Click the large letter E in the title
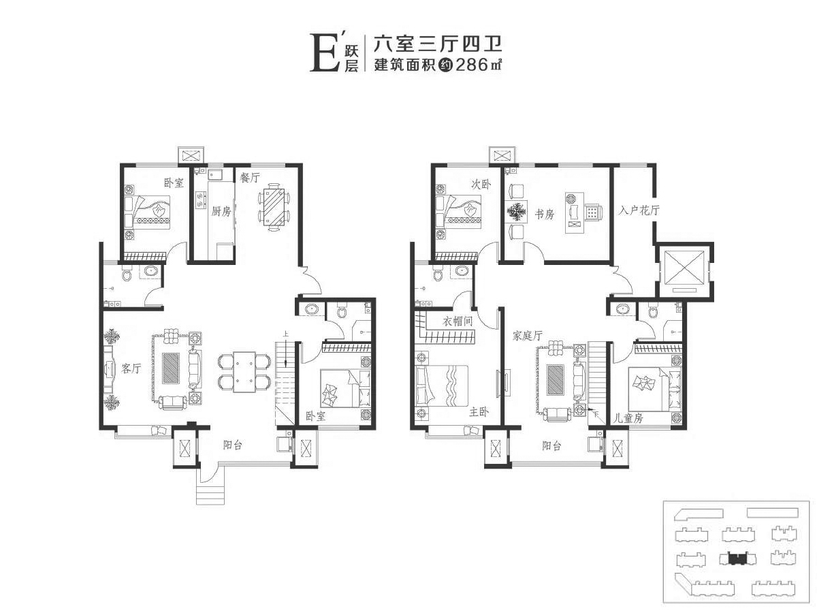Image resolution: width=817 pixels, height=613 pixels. (323, 53)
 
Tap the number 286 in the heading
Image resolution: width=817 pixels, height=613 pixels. (472, 65)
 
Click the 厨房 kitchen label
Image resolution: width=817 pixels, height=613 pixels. (221, 211)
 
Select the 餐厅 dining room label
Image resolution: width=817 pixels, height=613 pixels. (250, 178)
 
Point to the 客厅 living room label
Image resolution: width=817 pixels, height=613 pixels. (131, 368)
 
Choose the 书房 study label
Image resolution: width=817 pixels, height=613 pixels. (544, 214)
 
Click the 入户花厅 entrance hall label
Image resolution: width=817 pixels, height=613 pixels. (639, 210)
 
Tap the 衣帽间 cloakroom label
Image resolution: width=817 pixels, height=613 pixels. (457, 321)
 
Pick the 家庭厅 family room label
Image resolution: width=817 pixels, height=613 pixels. (527, 336)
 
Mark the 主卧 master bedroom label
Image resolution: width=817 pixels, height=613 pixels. (479, 412)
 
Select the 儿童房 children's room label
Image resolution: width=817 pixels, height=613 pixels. (628, 418)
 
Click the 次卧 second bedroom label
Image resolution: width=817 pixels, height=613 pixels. (481, 184)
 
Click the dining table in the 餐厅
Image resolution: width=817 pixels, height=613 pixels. (274, 207)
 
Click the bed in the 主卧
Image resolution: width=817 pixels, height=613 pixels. (441, 386)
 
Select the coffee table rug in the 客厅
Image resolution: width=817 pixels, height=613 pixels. (171, 368)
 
